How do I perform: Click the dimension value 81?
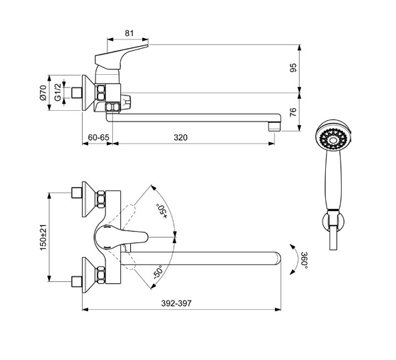click(x=129, y=33)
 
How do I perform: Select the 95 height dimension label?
click(x=293, y=67)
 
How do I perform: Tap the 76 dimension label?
click(x=292, y=112)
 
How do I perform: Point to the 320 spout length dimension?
click(x=180, y=138)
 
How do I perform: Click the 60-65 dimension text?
click(x=98, y=138)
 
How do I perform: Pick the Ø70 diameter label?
click(x=43, y=93)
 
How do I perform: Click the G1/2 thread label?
click(x=58, y=93)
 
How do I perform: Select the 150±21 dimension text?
click(x=43, y=237)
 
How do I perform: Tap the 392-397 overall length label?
click(x=176, y=303)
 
